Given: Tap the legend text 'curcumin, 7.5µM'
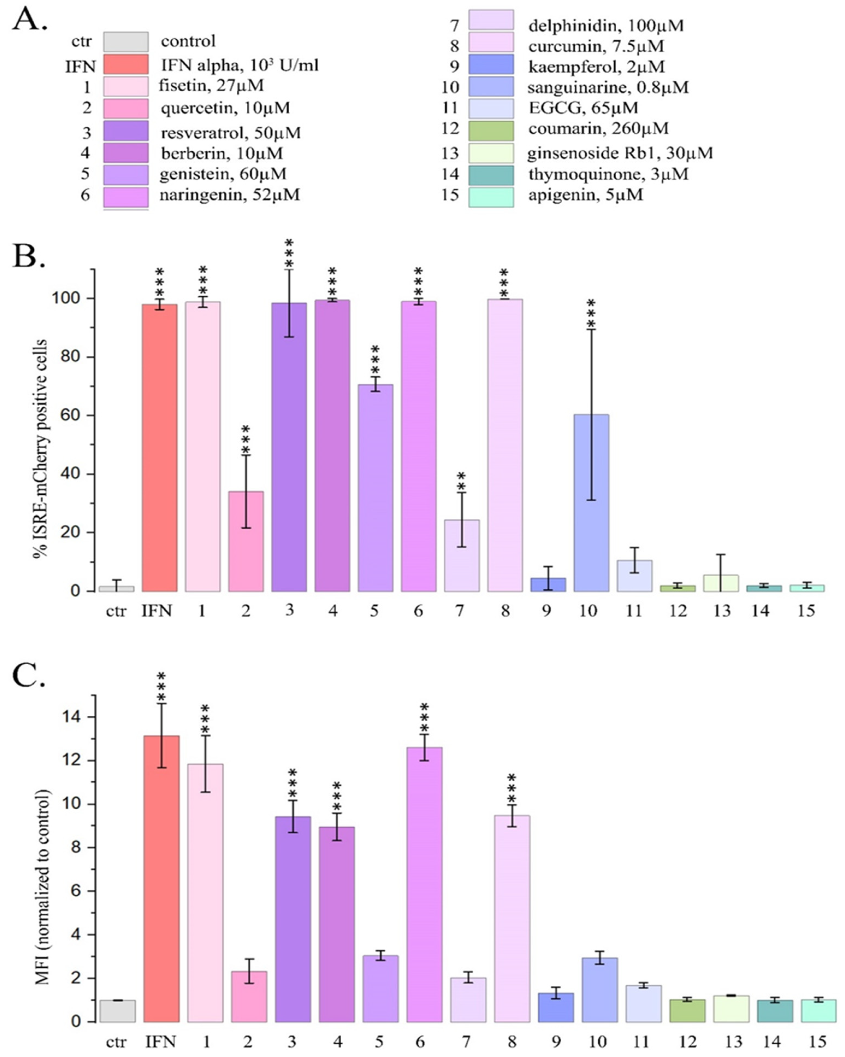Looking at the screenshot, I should click(x=596, y=46).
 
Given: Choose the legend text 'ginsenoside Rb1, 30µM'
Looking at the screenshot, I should click(x=620, y=153).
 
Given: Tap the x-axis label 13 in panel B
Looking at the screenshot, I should click(x=722, y=611).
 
